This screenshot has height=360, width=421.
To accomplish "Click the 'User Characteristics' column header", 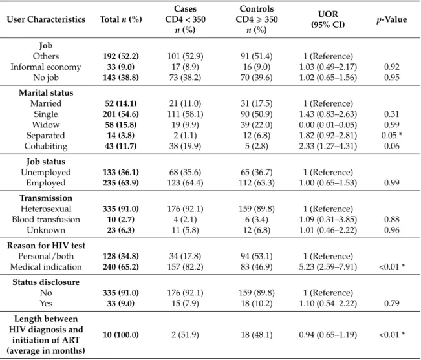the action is tap(46, 19).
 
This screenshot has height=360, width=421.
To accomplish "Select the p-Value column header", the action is tap(391, 19).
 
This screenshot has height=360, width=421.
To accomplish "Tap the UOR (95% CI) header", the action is tap(328, 19).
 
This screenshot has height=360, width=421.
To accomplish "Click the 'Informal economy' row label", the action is tap(46, 67).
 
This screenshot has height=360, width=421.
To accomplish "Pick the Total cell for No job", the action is tap(120, 78).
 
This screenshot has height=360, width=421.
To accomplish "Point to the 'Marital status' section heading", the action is tap(46, 93).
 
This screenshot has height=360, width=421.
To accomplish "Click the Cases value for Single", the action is tap(185, 114).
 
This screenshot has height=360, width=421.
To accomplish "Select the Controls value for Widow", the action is tap(256, 125).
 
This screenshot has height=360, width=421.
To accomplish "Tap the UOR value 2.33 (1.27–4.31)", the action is tap(328, 146).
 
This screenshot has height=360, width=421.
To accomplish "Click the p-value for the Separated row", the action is tap(391, 136).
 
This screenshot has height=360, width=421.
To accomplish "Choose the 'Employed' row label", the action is tap(46, 183).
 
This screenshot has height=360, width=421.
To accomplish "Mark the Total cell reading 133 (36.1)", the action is tap(120, 172).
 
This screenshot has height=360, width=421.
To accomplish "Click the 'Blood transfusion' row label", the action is tap(46, 220).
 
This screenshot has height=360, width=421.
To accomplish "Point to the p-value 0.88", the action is tap(391, 220).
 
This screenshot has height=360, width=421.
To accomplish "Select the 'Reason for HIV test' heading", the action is tap(46, 246).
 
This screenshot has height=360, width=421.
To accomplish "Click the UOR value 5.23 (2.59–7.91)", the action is tap(328, 267).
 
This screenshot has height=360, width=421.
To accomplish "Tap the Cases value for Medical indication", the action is tap(185, 267).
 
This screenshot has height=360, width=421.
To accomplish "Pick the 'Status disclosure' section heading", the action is tap(46, 282).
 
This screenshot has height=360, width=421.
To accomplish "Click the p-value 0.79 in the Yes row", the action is tap(391, 303).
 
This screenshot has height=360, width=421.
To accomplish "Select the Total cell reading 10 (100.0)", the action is tap(120, 335).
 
